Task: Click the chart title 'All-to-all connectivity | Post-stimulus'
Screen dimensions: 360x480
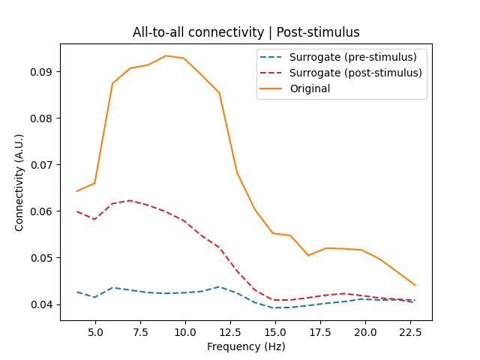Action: click(x=246, y=32)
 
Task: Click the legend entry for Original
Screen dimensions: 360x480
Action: click(x=310, y=88)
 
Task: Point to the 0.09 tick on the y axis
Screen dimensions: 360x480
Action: click(x=43, y=72)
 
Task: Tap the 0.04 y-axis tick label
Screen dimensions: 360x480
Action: click(x=43, y=304)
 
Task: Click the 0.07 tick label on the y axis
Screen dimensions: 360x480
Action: click(x=43, y=165)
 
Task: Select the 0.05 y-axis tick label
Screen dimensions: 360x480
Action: click(x=43, y=258)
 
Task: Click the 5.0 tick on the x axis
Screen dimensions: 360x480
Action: click(x=95, y=332)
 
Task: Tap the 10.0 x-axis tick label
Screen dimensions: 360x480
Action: click(x=185, y=332)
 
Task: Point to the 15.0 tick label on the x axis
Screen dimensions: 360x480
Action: click(x=275, y=332)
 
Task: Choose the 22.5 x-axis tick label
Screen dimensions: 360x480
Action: click(x=410, y=332)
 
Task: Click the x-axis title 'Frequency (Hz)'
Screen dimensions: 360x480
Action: click(x=246, y=346)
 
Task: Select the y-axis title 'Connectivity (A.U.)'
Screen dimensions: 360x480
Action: click(x=19, y=182)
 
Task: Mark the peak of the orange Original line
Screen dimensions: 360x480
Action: click(x=166, y=55)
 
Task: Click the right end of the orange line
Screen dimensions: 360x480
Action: click(x=415, y=285)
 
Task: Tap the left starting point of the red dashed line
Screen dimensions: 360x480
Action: click(x=76, y=211)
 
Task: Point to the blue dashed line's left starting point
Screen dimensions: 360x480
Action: click(x=76, y=292)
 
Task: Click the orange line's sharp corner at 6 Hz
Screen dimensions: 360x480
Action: click(x=112, y=83)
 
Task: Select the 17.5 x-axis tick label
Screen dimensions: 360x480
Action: click(x=320, y=332)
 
